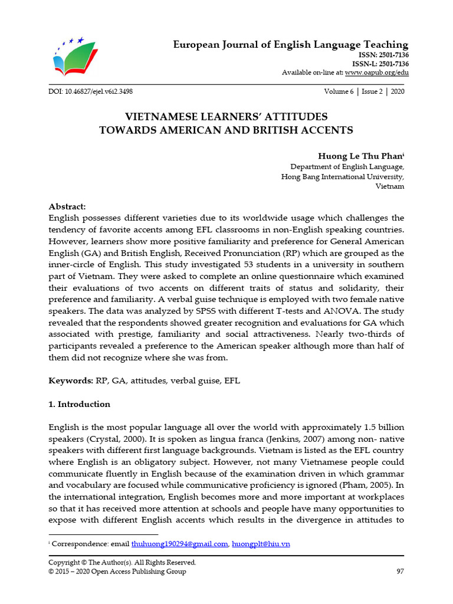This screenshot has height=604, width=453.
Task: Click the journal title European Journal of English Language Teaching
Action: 290,45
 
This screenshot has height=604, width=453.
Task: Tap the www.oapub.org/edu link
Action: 376,73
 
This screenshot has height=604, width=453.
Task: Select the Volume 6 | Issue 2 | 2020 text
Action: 364,92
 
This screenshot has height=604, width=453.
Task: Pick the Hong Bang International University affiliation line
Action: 343,176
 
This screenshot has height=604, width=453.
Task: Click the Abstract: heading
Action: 67,206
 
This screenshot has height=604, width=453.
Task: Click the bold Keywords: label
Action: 70,381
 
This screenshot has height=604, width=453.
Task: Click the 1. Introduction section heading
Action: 79,404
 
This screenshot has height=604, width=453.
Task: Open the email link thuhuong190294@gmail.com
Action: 179,544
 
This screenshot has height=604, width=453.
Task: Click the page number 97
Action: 399,571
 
